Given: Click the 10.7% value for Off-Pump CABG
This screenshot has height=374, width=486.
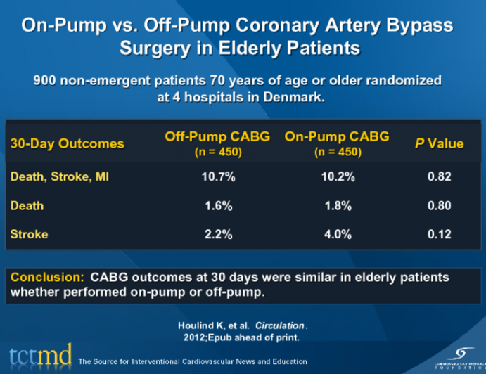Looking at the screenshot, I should click(217, 177).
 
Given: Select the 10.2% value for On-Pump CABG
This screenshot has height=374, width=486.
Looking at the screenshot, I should click(337, 177).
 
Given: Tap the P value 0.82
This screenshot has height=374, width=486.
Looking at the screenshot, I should click(440, 177).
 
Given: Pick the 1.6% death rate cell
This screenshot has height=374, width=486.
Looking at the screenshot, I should click(217, 206).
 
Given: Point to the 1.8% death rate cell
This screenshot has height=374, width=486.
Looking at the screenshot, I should click(337, 206).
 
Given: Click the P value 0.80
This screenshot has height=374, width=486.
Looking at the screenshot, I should click(440, 206).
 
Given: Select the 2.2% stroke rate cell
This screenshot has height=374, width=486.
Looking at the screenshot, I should click(217, 235).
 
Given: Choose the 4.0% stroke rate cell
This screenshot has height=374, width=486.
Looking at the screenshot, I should click(337, 235).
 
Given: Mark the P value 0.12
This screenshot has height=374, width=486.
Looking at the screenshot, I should click(440, 235).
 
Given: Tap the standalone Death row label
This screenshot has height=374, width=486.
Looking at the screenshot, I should click(27, 206).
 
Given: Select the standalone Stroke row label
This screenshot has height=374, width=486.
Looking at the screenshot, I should click(29, 235).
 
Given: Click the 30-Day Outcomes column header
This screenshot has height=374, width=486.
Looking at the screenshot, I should click(67, 143).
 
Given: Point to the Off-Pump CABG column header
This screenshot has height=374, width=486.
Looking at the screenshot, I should click(217, 137).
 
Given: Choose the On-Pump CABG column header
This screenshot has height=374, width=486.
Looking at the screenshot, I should click(337, 137).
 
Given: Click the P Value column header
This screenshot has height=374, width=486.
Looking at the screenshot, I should click(440, 143).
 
